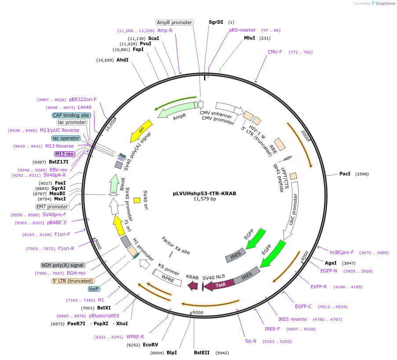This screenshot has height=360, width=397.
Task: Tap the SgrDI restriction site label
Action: [216, 22]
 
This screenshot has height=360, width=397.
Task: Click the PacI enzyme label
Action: [345, 174]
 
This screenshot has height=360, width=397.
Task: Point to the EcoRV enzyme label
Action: [150, 345]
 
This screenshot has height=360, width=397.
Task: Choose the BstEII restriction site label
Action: [202, 353]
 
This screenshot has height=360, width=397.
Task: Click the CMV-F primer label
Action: [275, 52]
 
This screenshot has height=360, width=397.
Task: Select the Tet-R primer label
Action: [251, 341]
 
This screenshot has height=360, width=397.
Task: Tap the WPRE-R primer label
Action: [135, 337]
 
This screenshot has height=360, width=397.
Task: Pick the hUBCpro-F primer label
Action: [342, 252]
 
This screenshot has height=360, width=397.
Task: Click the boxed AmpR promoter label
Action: [175, 22]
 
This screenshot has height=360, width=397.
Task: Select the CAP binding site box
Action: [71, 115]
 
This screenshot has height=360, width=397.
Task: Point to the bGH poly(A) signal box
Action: [62, 265]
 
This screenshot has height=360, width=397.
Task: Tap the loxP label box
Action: [94, 289]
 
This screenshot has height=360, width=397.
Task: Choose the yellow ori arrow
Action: [141, 131]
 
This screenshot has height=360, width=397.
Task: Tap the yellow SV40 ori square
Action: [137, 200]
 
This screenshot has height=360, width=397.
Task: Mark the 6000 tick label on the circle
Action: [198, 313]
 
